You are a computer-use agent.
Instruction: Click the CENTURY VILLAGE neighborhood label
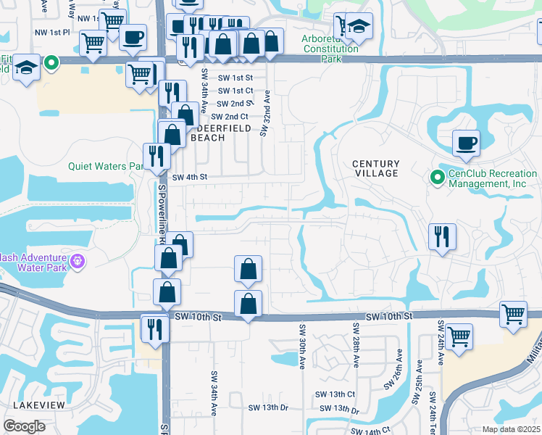point(375,168)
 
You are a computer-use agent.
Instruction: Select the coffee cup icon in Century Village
point(466,143)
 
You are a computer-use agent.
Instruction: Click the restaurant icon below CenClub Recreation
point(441,236)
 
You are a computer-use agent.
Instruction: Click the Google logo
point(25,426)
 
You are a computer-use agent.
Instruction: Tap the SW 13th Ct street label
point(335,394)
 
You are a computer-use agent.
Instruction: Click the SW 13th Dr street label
point(265,407)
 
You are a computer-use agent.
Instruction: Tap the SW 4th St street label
point(190,176)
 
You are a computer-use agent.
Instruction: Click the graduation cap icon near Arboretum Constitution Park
point(359,26)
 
